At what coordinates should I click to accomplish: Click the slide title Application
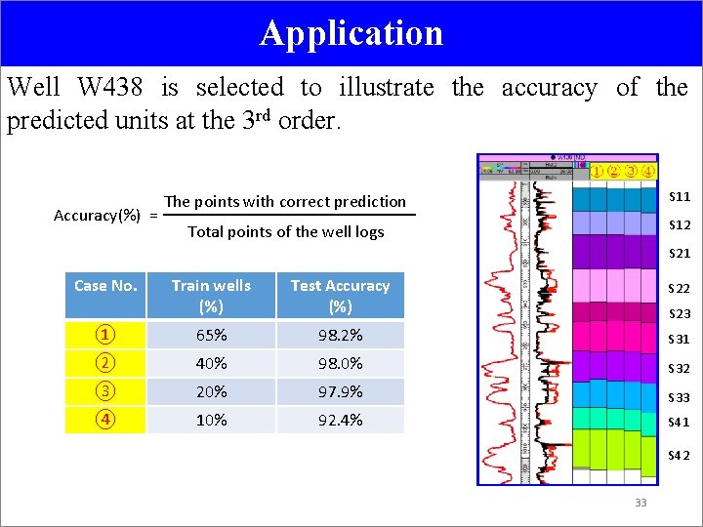pos(351,33)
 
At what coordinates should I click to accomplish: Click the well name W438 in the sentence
pos(110,88)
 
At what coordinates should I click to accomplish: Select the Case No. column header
pos(105,286)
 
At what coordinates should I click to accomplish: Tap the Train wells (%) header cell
pos(211,295)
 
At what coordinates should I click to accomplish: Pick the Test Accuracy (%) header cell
pos(340,295)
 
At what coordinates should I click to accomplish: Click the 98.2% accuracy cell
pos(340,335)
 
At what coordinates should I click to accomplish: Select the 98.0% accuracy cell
pos(340,363)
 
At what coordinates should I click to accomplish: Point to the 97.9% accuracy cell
pos(340,391)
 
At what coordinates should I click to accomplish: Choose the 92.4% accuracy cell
pos(340,420)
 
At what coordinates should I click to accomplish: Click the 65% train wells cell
pos(211,335)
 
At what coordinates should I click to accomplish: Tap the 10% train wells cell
pos(211,420)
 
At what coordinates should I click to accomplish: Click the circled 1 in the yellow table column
pos(104,335)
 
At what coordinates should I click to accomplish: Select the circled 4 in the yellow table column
pos(104,420)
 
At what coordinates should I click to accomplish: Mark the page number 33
pos(641,503)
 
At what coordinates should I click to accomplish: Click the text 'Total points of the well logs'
pos(285,232)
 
